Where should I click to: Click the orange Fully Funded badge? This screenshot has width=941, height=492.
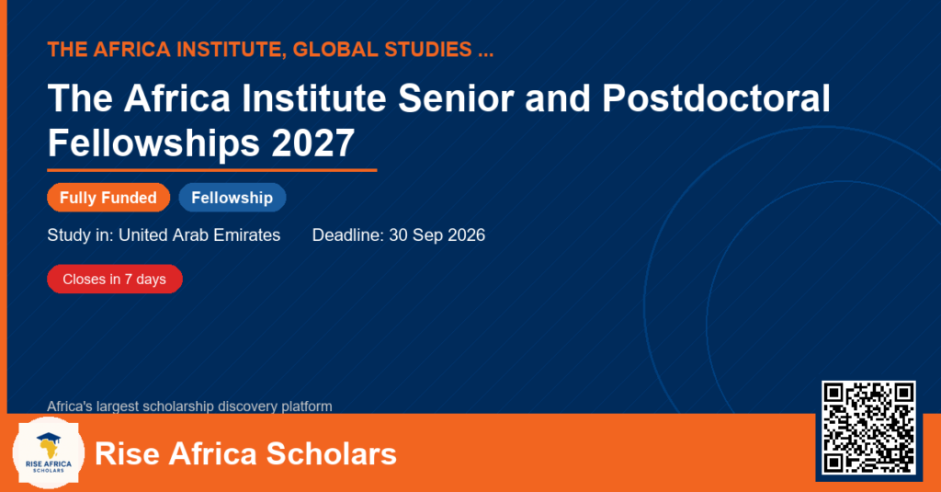tap(108, 198)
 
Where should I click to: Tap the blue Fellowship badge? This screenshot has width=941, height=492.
tap(232, 198)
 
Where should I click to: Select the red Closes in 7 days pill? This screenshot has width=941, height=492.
tap(115, 280)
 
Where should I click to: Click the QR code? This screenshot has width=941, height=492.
tap(869, 427)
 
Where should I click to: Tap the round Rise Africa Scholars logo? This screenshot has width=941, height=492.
tap(49, 453)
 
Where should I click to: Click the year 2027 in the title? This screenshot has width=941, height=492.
tap(312, 143)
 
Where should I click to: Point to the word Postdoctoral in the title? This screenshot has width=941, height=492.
tap(716, 97)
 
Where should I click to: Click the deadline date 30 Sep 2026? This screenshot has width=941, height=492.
tap(436, 235)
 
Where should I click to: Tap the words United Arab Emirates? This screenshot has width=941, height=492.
tap(199, 235)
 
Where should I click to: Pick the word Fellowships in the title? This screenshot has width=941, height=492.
tap(153, 143)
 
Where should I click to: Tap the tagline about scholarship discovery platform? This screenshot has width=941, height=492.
tap(189, 406)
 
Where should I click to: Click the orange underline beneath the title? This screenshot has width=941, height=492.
tap(212, 171)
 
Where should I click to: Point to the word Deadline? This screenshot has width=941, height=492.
tap(347, 235)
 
